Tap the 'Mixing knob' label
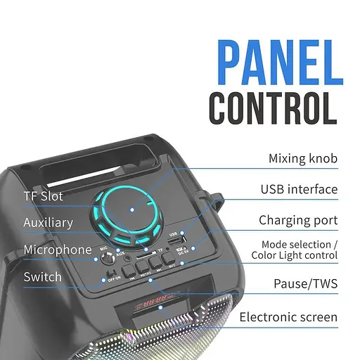pyautogui.click(x=302, y=159)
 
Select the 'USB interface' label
pyautogui.click(x=299, y=189)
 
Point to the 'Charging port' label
pyautogui.click(x=297, y=220)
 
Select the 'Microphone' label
pyautogui.click(x=58, y=250)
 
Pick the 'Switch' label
pyautogui.click(x=42, y=277)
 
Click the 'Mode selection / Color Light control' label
pyautogui.click(x=294, y=249)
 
